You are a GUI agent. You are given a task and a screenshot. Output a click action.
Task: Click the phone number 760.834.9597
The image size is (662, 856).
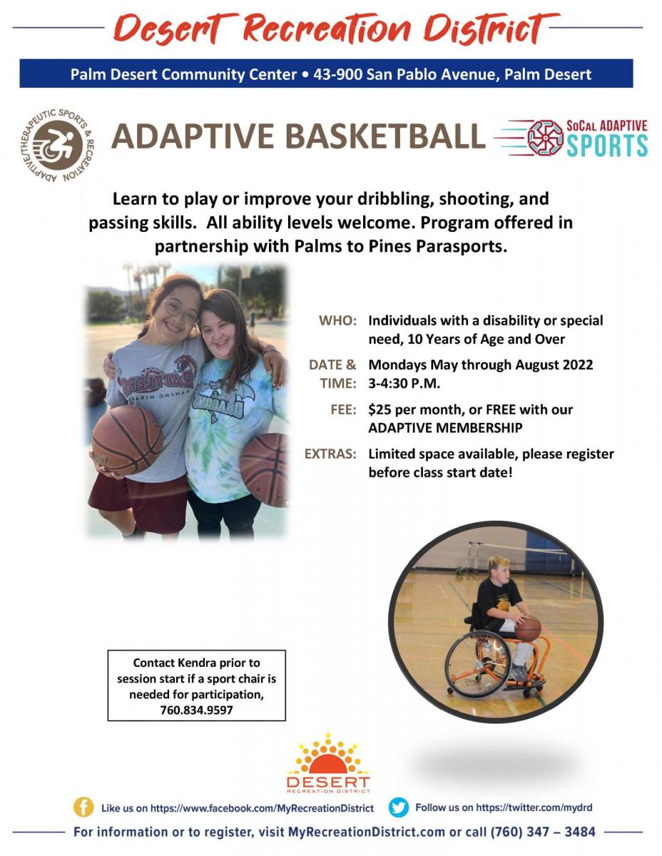196,710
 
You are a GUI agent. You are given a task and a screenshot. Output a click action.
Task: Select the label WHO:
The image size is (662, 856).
337,321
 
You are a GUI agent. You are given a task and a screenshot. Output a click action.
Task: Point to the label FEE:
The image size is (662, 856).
343,409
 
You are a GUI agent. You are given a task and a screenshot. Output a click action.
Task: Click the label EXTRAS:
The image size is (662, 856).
330,454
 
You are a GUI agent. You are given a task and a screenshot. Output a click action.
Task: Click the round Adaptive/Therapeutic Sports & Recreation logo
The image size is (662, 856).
58,146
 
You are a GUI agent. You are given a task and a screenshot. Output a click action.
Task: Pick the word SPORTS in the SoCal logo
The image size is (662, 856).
606,146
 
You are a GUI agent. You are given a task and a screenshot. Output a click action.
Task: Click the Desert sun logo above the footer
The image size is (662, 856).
328,763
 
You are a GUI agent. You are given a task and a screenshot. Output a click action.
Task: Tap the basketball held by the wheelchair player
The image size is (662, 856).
528,629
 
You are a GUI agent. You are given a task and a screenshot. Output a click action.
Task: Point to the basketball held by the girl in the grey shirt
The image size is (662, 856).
128,440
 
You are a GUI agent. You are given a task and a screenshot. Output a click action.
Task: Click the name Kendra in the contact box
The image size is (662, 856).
196,663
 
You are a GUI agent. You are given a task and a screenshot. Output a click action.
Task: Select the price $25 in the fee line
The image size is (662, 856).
380,409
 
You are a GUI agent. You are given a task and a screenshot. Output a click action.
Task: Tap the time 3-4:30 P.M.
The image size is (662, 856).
404,383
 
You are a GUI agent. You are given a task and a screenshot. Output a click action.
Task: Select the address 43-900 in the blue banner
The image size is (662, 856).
337,74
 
